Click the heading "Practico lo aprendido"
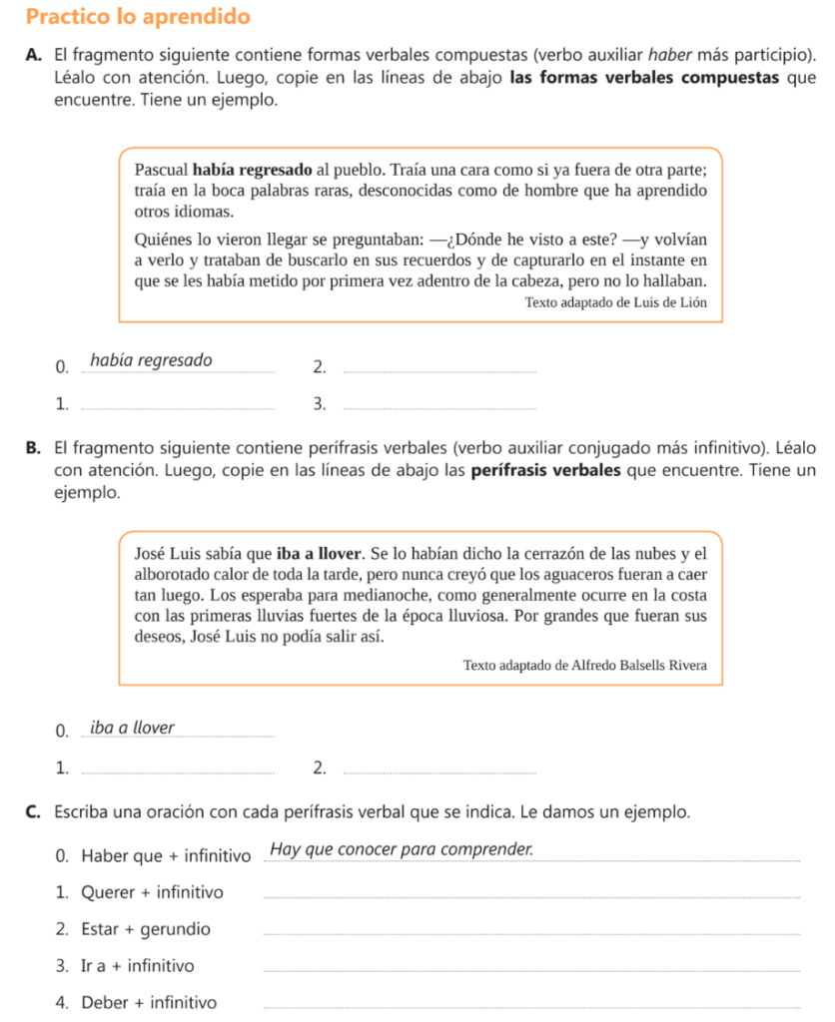click(x=138, y=18)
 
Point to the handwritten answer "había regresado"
click(x=151, y=360)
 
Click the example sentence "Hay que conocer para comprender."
click(x=402, y=850)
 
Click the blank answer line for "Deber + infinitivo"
click(x=529, y=1006)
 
